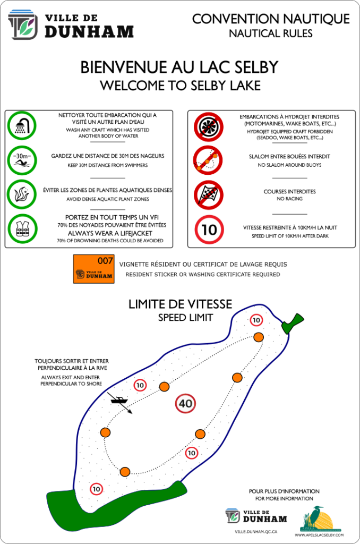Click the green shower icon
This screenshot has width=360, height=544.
(x=22, y=126)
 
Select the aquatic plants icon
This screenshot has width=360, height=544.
(x=22, y=194)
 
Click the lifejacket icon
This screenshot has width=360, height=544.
(x=22, y=229)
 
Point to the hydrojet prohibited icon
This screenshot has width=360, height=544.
(x=208, y=126)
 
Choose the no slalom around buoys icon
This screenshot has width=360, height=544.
(x=208, y=160)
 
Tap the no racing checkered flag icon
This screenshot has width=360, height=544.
(x=208, y=194)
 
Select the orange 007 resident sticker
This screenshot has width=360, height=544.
(x=93, y=269)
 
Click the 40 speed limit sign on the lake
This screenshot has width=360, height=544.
(x=185, y=404)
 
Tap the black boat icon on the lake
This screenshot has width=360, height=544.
(x=120, y=400)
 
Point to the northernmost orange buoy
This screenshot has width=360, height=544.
(x=259, y=337)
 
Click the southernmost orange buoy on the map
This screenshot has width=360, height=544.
(x=125, y=472)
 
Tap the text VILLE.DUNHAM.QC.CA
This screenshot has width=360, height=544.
(x=256, y=531)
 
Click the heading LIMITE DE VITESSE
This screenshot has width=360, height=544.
(x=180, y=304)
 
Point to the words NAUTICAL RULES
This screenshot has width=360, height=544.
(x=270, y=33)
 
